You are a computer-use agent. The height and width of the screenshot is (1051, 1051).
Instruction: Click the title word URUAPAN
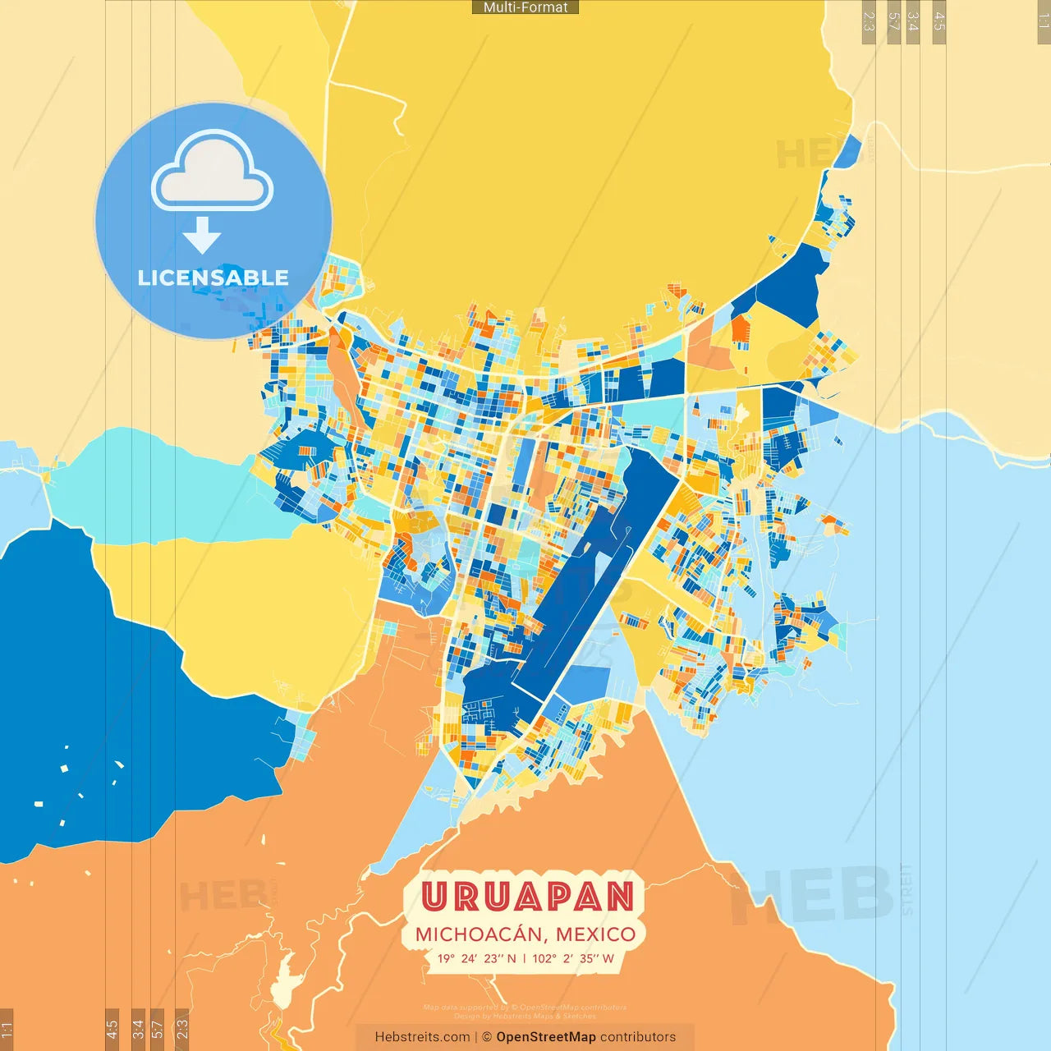coord(527,897)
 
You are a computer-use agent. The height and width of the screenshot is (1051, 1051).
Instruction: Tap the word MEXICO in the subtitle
coord(595,934)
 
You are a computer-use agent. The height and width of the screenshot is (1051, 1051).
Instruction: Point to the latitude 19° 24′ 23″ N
coord(477,958)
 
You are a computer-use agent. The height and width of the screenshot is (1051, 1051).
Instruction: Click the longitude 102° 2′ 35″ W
coord(573,958)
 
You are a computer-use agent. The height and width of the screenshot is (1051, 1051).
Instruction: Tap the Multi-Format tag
coord(525,7)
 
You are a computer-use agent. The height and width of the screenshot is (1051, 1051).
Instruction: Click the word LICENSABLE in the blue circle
coord(213,278)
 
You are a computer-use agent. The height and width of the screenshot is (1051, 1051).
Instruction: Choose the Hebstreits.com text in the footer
coord(422,1037)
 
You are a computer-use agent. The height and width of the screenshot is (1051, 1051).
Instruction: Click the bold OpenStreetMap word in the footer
coord(546,1037)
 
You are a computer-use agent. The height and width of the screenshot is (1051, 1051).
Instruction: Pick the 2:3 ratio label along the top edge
coord(869,21)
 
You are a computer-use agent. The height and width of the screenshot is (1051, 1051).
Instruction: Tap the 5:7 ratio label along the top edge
coord(893,21)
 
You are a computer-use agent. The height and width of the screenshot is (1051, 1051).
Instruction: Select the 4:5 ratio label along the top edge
coord(939,21)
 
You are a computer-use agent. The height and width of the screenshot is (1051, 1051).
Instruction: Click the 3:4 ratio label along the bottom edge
coord(138,1029)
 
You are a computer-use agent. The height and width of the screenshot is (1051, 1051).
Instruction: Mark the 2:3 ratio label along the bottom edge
coord(181,1029)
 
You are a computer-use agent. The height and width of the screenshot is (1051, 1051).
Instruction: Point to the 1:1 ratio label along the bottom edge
coord(7,1029)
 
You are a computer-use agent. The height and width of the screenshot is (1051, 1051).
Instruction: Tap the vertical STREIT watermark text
coord(906,889)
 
